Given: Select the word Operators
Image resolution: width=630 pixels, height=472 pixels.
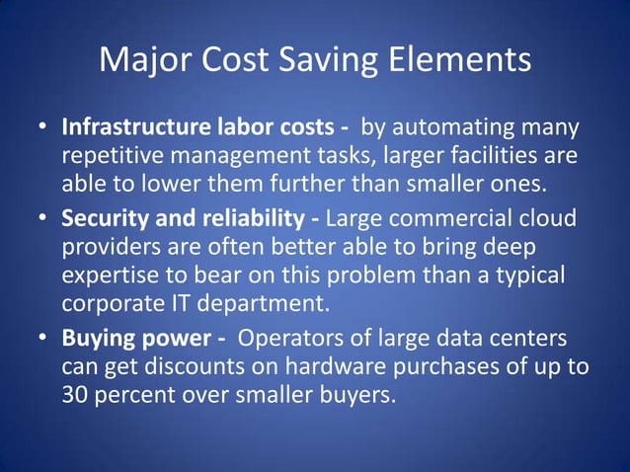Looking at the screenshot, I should pos(292,340).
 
